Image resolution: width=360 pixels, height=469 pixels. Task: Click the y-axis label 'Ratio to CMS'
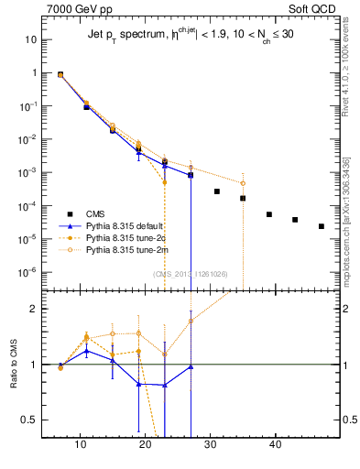tap(13, 365)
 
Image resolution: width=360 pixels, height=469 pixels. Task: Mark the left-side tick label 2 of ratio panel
tap(34, 309)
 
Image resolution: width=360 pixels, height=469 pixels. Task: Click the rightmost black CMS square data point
tap(322, 226)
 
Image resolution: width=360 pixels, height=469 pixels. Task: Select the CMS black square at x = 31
tap(217, 191)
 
